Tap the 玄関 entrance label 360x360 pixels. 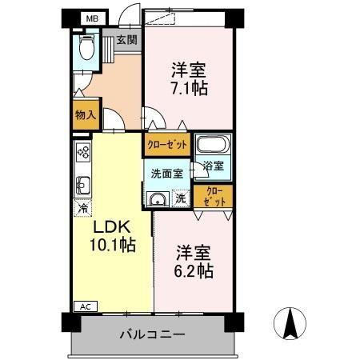(x=126, y=38)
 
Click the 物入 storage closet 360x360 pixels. (x=86, y=114)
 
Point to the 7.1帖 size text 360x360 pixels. (x=188, y=87)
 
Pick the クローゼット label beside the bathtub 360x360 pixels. (x=166, y=145)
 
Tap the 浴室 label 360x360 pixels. (x=213, y=166)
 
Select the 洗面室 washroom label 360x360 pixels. (x=166, y=171)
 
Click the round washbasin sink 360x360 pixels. (x=158, y=200)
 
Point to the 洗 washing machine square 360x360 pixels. (x=181, y=198)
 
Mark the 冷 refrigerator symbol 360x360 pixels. (x=83, y=209)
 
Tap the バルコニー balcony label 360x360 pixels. (x=153, y=334)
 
